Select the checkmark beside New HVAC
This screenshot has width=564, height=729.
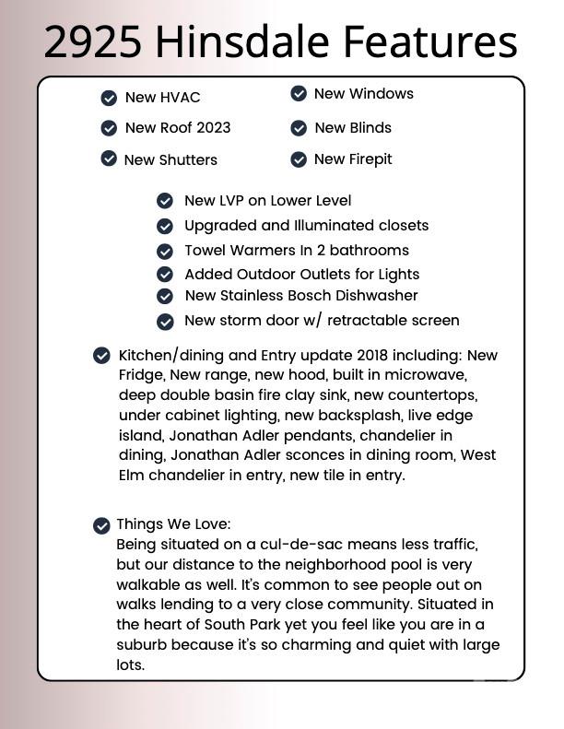(x=109, y=98)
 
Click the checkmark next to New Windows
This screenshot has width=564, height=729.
(x=299, y=94)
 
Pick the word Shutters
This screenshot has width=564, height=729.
(x=188, y=159)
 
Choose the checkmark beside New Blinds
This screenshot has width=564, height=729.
(x=299, y=128)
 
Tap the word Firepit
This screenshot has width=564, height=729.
(x=370, y=159)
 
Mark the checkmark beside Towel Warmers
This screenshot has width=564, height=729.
(x=165, y=251)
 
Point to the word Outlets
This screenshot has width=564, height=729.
(x=318, y=275)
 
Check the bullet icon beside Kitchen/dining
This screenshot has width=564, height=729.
(x=101, y=356)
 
